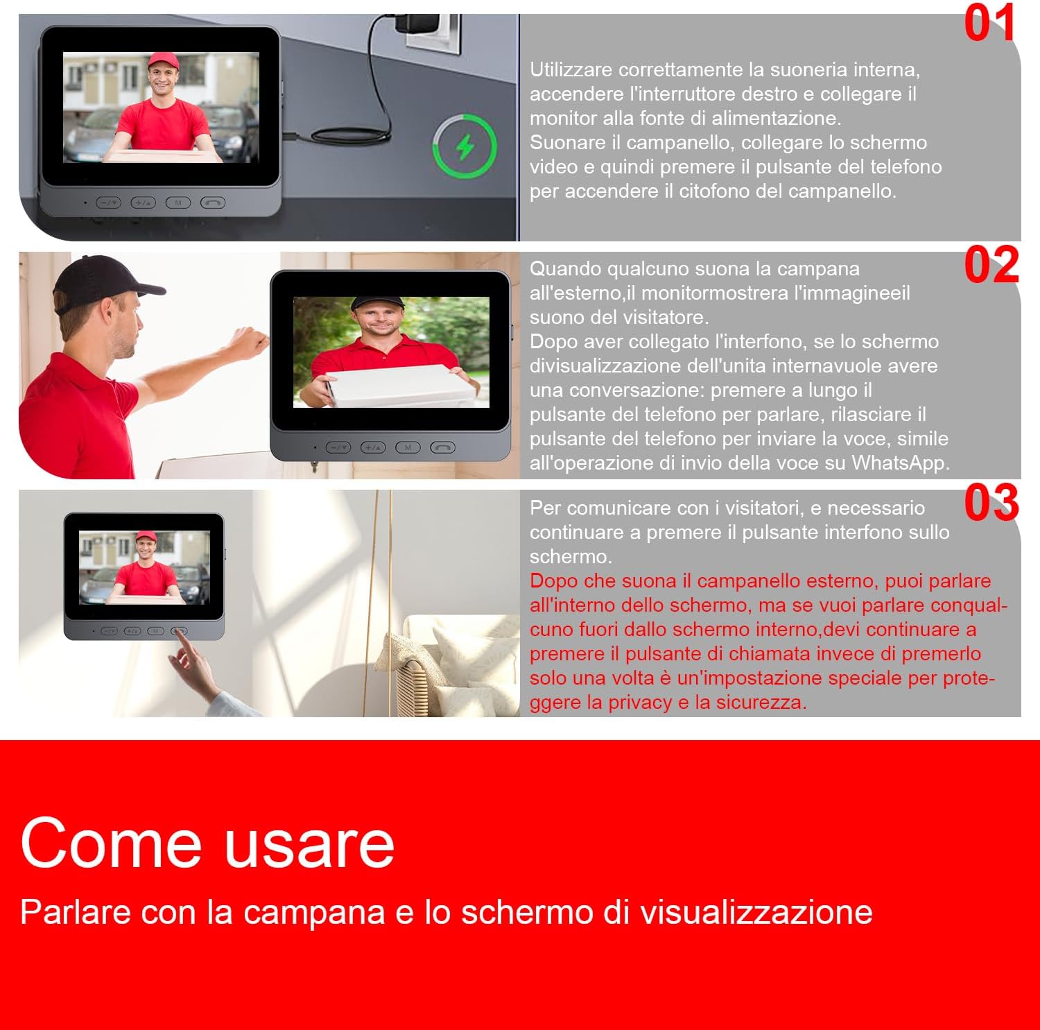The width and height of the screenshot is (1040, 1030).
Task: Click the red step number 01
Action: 989,23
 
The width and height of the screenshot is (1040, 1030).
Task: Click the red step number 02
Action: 991,265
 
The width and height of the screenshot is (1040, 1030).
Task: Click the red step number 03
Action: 991,503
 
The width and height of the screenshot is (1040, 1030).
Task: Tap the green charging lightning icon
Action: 465,146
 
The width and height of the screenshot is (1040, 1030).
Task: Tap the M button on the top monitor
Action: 178,203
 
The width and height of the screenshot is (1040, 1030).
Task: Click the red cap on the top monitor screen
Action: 163,60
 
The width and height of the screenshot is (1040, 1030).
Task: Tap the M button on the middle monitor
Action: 408,447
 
